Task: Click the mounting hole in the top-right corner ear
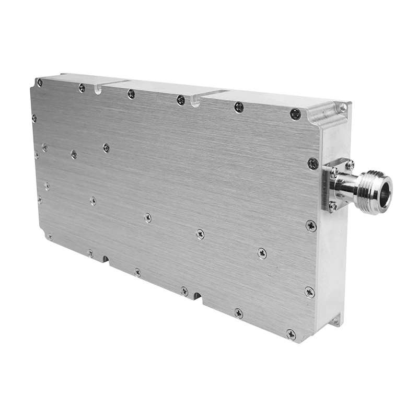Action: coord(343,108)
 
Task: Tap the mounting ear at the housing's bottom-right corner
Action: coord(334,320)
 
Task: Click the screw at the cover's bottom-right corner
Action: coord(291,334)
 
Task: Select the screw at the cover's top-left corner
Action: coord(40,83)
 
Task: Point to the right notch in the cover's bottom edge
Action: coord(198,296)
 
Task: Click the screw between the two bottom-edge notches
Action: coord(137,272)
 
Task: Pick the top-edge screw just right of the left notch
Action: coord(131,94)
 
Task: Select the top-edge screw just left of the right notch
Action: coord(181,100)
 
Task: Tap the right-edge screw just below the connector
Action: coord(311,226)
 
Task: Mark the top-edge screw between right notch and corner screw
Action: coord(239,107)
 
